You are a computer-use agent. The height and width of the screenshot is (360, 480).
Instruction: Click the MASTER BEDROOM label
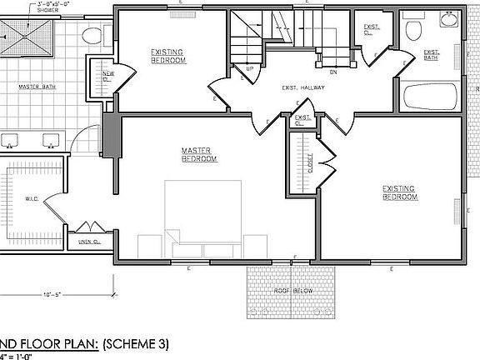click(199, 154)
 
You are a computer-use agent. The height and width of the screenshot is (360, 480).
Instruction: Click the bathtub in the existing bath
click(429, 97)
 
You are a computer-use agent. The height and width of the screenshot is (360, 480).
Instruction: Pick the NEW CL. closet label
click(107, 76)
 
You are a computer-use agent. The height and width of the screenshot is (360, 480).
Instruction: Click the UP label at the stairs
click(249, 68)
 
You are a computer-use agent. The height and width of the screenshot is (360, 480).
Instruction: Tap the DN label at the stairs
click(332, 72)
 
